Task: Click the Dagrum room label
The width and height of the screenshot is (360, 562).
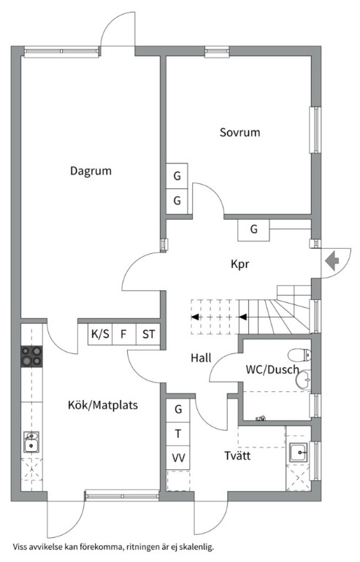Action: tap(91, 171)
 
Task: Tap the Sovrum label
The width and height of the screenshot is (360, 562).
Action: tap(240, 132)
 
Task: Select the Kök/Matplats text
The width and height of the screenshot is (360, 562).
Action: tap(103, 405)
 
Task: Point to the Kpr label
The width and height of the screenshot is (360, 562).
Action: tap(240, 264)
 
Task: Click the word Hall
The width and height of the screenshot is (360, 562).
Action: tap(201, 358)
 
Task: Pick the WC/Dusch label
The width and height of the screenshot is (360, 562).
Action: tap(272, 369)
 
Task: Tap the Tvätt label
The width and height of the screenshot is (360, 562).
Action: tap(237, 455)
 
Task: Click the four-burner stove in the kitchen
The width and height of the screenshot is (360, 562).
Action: tap(31, 356)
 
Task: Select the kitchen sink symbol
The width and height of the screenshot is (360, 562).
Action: tap(31, 442)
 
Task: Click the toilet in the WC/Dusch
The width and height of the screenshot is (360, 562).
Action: tap(300, 355)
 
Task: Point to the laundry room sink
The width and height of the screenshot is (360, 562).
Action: tap(299, 453)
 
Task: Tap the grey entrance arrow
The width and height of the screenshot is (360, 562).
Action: tap(332, 261)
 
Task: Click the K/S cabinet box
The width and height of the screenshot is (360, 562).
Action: tap(100, 334)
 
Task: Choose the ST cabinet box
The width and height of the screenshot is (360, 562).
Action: tap(148, 334)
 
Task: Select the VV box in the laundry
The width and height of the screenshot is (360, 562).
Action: tap(178, 458)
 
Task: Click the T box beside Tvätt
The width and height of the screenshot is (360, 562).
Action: tap(178, 434)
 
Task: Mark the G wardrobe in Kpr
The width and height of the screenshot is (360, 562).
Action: tap(254, 229)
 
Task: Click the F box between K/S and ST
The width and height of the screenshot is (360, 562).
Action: tap(124, 334)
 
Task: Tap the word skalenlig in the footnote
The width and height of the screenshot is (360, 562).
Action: tap(198, 547)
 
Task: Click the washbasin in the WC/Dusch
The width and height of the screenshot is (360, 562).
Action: tap(304, 380)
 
